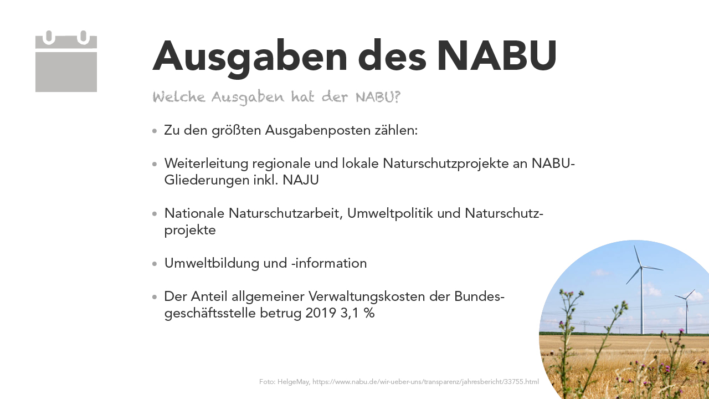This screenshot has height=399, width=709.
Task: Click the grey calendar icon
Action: point(66,62)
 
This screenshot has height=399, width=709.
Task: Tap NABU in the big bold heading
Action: point(497,55)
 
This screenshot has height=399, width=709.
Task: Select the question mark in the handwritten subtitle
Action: point(397,96)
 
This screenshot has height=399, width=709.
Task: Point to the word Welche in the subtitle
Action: point(179,97)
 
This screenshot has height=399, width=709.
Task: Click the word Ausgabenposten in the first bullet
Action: point(318,130)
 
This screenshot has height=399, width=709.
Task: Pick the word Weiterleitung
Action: point(206,164)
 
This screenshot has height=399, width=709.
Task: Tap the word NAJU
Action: point(301,180)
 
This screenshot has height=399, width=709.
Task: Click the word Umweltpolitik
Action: point(390,214)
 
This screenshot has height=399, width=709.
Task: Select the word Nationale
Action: point(194,213)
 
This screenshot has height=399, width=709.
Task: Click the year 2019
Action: point(321,313)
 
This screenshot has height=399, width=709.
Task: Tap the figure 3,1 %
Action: point(358,314)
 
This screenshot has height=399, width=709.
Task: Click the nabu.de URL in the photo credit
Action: point(425,382)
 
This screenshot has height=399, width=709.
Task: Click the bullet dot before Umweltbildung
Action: point(155,263)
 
